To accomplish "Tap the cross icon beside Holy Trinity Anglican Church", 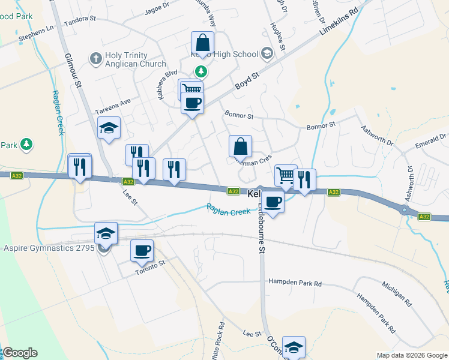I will tap(95, 59).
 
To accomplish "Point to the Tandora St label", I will tap(80, 19).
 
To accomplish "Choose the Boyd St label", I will tap(246, 82).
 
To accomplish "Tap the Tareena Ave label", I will tap(113, 107).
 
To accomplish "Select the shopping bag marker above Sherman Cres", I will tap(240, 146).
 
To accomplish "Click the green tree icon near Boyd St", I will tap(203, 72).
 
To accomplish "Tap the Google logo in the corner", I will tap(20, 353).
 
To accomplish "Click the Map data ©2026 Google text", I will tap(411, 355).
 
